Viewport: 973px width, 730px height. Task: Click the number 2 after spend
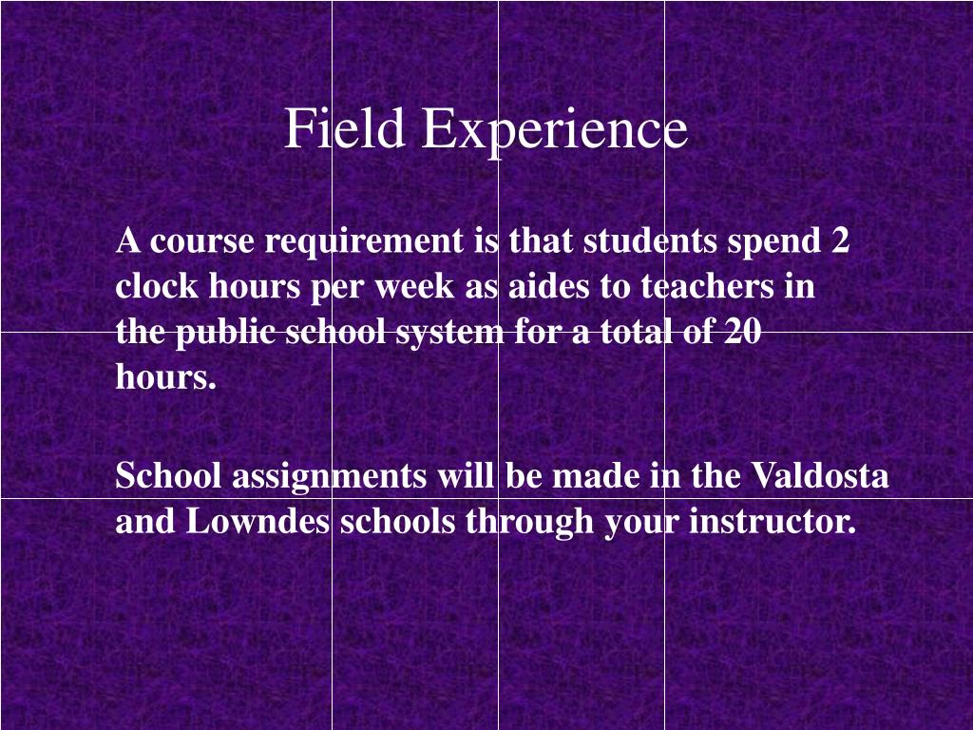(x=840, y=241)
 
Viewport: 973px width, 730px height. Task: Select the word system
(x=449, y=334)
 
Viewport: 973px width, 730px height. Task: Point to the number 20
(x=742, y=332)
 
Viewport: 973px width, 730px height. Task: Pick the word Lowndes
(x=258, y=521)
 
